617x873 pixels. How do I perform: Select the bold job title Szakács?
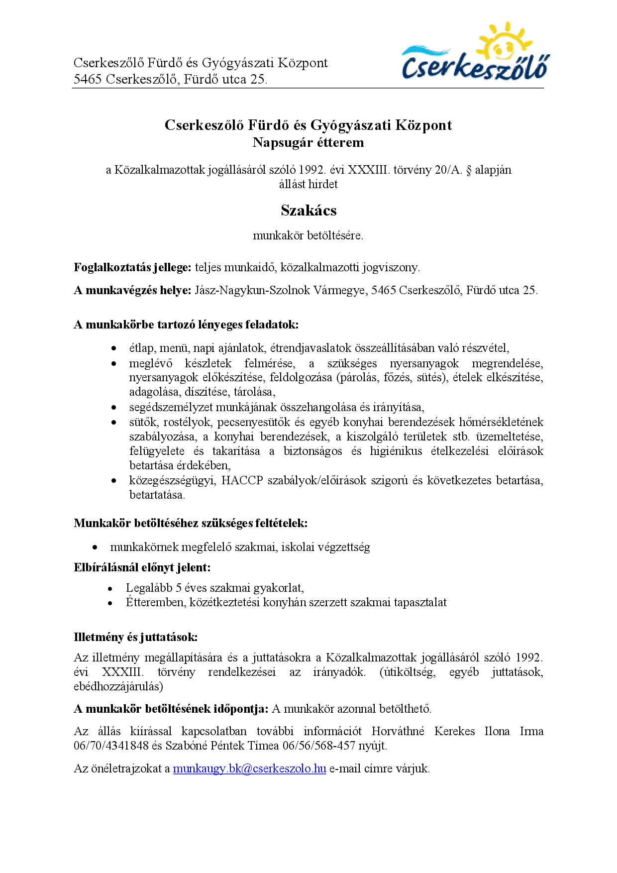click(x=308, y=211)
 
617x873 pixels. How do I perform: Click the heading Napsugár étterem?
click(x=308, y=143)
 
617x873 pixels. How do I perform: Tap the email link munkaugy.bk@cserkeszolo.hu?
click(x=249, y=768)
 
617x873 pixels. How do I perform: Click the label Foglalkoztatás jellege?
click(x=132, y=267)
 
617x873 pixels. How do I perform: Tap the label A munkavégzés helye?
click(x=132, y=290)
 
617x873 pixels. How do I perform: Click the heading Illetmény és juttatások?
click(x=135, y=637)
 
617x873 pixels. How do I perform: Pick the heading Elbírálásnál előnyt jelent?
click(x=142, y=567)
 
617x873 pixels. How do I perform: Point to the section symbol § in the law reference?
click(x=468, y=170)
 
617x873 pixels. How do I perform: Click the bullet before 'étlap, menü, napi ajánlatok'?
click(x=114, y=348)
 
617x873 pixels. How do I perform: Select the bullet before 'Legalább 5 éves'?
click(x=110, y=588)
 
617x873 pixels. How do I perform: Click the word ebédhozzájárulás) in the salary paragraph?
click(x=118, y=686)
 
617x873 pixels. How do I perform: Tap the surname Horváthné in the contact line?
click(x=398, y=731)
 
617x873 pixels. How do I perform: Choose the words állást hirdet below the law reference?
click(x=308, y=184)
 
